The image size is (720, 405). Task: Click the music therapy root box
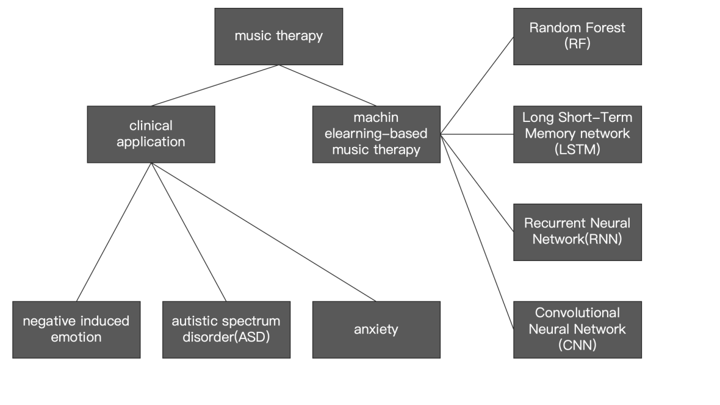tap(278, 36)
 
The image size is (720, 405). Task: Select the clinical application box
tap(151, 134)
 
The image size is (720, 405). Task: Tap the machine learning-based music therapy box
tap(376, 134)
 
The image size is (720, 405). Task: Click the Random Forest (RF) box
tap(577, 36)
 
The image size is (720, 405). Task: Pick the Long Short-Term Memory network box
tap(577, 134)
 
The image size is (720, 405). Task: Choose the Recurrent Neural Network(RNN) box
tap(577, 232)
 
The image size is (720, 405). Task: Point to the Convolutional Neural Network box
tap(577, 329)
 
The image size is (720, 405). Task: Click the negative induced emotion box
tap(76, 329)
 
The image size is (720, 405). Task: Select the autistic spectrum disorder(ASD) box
tap(226, 329)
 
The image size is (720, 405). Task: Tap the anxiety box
tap(376, 329)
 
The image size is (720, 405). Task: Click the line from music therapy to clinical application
tap(215, 85)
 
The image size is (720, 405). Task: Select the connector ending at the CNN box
tap(477, 232)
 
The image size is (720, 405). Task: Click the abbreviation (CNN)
tap(577, 345)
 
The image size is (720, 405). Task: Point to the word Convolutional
tap(577, 313)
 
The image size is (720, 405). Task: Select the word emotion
tap(76, 337)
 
